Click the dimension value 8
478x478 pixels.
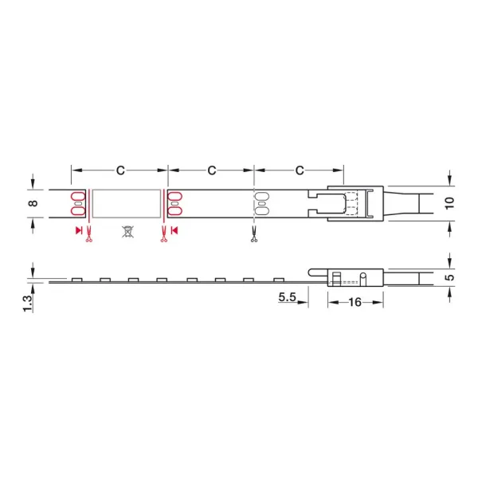point(33,203)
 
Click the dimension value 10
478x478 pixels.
point(449,203)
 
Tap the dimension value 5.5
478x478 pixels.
point(287,296)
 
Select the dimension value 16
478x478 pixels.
point(355,302)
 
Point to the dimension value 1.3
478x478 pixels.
point(27,304)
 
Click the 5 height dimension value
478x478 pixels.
point(449,277)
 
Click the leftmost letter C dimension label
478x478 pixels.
point(120,170)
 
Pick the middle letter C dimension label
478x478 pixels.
point(212,170)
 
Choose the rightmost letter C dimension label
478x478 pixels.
point(300,170)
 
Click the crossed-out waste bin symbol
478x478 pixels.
point(127,232)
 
